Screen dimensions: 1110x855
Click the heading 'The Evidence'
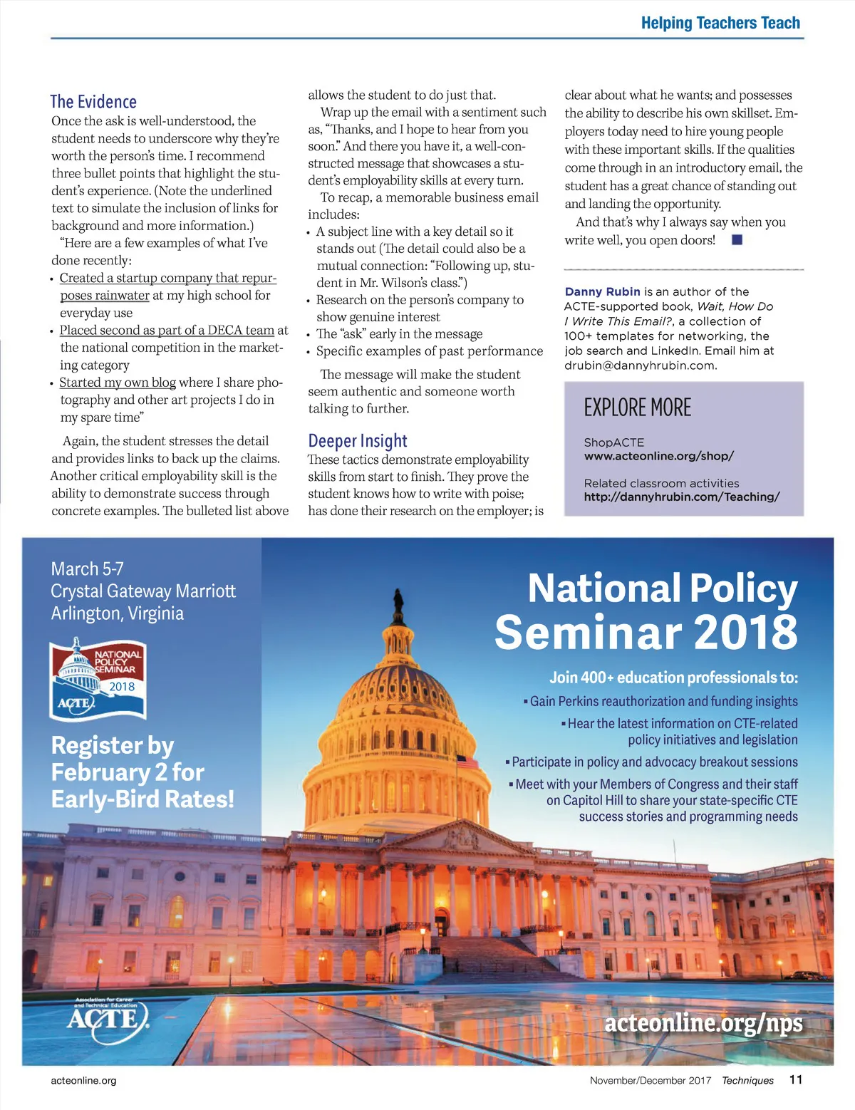click(93, 102)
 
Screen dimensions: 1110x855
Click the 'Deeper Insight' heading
click(358, 441)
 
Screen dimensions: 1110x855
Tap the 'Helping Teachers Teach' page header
click(720, 23)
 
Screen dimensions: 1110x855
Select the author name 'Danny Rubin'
click(602, 291)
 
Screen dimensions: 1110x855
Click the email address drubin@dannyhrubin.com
click(641, 365)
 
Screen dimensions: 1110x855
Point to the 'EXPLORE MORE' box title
click(638, 408)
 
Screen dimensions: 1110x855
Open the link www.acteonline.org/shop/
click(659, 456)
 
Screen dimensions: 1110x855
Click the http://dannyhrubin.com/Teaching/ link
click(682, 497)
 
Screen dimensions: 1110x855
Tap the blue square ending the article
click(737, 240)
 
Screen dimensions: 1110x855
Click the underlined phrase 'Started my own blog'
click(118, 383)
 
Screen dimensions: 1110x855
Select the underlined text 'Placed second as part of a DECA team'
click(167, 330)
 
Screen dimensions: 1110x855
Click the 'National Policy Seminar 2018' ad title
click(647, 610)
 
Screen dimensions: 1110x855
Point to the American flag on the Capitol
click(467, 761)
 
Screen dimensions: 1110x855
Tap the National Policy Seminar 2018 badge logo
click(98, 678)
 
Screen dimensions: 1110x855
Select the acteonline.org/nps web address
click(703, 1022)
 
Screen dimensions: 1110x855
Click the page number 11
click(796, 1079)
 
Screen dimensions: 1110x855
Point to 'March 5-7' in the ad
click(87, 569)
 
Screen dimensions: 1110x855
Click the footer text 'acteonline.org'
click(83, 1080)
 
